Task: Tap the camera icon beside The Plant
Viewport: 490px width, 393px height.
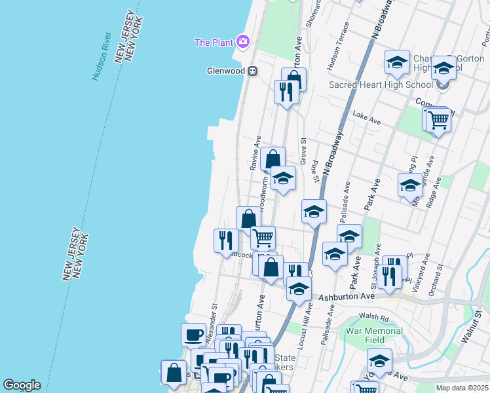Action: click(x=243, y=42)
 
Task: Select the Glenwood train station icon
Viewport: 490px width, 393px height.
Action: click(x=252, y=71)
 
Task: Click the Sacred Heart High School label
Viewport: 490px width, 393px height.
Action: click(x=381, y=84)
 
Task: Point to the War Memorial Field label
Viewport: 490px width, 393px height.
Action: click(x=374, y=335)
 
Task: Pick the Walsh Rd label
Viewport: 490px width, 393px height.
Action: click(x=374, y=319)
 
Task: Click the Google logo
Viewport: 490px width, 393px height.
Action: click(x=22, y=385)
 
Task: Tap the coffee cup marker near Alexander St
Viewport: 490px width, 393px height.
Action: click(x=193, y=335)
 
